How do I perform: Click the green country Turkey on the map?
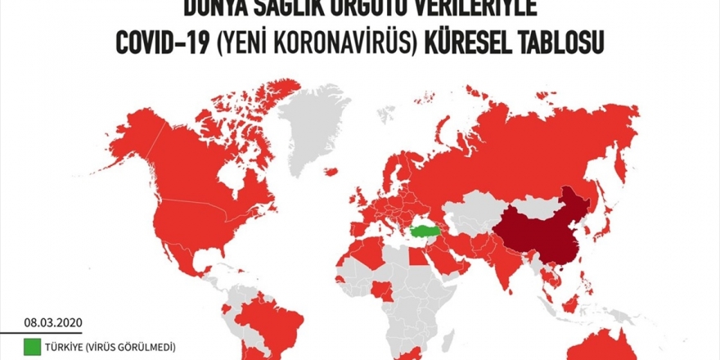[425, 232]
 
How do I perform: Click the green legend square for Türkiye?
[33, 347]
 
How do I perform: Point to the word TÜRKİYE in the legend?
[65, 347]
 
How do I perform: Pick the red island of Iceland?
[331, 172]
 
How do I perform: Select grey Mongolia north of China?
[524, 202]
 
